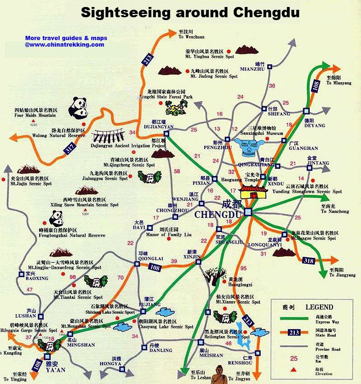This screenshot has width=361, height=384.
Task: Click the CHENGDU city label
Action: pos(218,215)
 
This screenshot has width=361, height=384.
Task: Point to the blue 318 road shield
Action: pos(308,260)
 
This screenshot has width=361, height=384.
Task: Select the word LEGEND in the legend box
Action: pos(319,307)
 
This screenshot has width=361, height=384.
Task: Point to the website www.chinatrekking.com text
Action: pos(65,45)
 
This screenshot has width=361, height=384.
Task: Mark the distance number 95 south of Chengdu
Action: pos(243,268)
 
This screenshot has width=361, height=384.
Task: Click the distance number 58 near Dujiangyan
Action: pos(177,171)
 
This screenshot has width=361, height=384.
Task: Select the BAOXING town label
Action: pos(37,278)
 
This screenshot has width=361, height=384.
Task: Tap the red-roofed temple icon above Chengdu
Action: pos(253,192)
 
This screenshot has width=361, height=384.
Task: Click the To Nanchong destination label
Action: pos(334,212)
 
